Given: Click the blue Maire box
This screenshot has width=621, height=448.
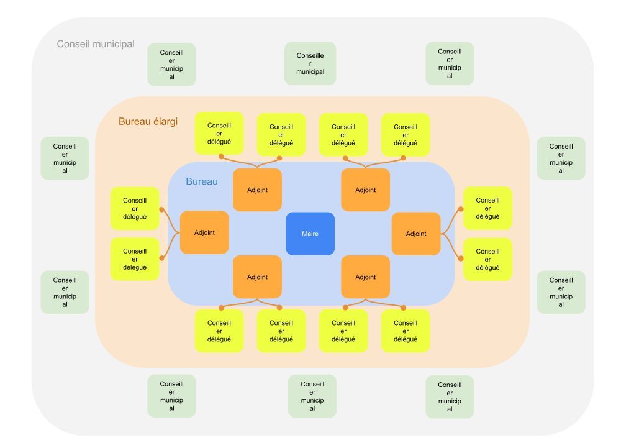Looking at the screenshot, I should (310, 234).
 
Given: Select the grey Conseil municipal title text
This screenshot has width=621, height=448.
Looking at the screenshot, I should (96, 45).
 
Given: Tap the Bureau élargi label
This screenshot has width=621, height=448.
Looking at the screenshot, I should (148, 122).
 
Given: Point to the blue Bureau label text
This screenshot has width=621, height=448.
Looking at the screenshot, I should (202, 182).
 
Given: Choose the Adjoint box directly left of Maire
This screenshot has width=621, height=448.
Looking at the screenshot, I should (204, 232).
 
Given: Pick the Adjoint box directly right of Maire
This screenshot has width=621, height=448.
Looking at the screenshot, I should (416, 234).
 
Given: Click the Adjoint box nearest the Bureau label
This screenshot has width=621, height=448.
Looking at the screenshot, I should (257, 190).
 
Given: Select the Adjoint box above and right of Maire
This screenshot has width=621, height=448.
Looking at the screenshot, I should (366, 190).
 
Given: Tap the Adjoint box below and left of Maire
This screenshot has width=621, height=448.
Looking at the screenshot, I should (257, 277).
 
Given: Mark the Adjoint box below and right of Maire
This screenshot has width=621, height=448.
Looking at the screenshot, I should (366, 277).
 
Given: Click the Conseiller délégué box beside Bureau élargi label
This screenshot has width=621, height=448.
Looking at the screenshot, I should (219, 133).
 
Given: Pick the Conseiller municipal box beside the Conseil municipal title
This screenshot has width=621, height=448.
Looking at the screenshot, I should (171, 64).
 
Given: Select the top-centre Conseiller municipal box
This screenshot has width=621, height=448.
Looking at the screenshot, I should (310, 63).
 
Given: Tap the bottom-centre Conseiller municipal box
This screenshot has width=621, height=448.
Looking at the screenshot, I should (312, 396).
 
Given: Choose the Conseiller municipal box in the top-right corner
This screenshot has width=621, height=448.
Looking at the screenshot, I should (450, 63).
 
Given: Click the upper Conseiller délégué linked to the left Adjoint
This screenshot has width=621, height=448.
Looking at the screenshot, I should (135, 208).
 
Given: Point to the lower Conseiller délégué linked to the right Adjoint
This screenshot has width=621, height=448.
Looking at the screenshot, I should (487, 259).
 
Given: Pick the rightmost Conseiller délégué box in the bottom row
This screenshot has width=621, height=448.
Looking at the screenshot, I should (406, 331).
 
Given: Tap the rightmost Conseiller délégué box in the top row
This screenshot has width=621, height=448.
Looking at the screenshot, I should (406, 134).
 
